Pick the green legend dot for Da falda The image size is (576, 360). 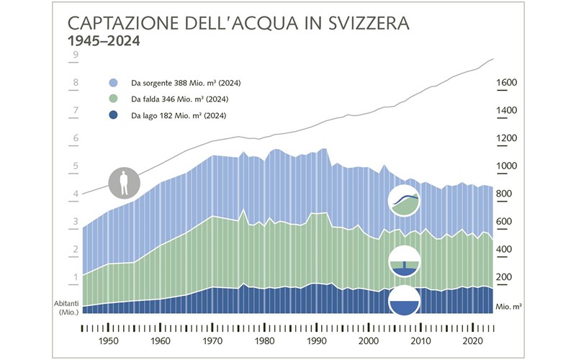coord(114,99)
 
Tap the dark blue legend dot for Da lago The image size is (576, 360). coord(114,116)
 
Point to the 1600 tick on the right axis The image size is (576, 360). coord(508,83)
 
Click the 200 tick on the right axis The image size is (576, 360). coord(505,278)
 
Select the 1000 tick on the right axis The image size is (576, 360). coord(508,166)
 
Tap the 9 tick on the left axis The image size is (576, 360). coord(74,54)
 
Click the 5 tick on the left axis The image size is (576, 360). coord(74,166)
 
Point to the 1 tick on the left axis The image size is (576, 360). coord(74,278)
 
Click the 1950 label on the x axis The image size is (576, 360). coord(108,342)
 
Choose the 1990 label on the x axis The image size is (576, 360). coord(317,342)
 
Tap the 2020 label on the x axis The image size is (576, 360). coord(472,342)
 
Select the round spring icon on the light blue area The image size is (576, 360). coord(405,200)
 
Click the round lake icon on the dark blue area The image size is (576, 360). coord(405,302)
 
